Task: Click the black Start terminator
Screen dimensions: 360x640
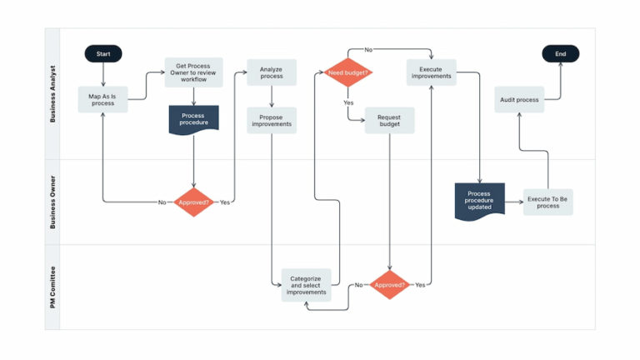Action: tap(103, 54)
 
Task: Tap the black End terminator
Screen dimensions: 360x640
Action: tap(560, 54)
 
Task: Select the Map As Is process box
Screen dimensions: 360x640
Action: tap(103, 99)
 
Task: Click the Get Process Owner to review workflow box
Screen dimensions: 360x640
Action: tap(193, 72)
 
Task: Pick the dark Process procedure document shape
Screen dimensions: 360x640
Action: tap(193, 119)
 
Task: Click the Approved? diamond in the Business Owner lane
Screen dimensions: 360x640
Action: tap(193, 202)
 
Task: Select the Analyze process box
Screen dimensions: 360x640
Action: tap(271, 72)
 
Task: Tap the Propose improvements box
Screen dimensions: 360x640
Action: tap(271, 119)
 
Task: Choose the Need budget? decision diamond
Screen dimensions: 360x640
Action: tap(347, 72)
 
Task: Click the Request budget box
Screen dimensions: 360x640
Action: tap(389, 119)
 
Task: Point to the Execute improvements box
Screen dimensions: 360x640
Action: tap(431, 72)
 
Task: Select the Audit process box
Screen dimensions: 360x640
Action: tap(519, 99)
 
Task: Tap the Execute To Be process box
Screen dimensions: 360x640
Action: tap(547, 202)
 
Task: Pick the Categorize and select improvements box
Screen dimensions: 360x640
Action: tap(306, 285)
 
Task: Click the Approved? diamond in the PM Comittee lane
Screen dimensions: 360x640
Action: tap(389, 285)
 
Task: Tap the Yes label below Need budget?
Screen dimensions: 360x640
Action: tap(347, 102)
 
